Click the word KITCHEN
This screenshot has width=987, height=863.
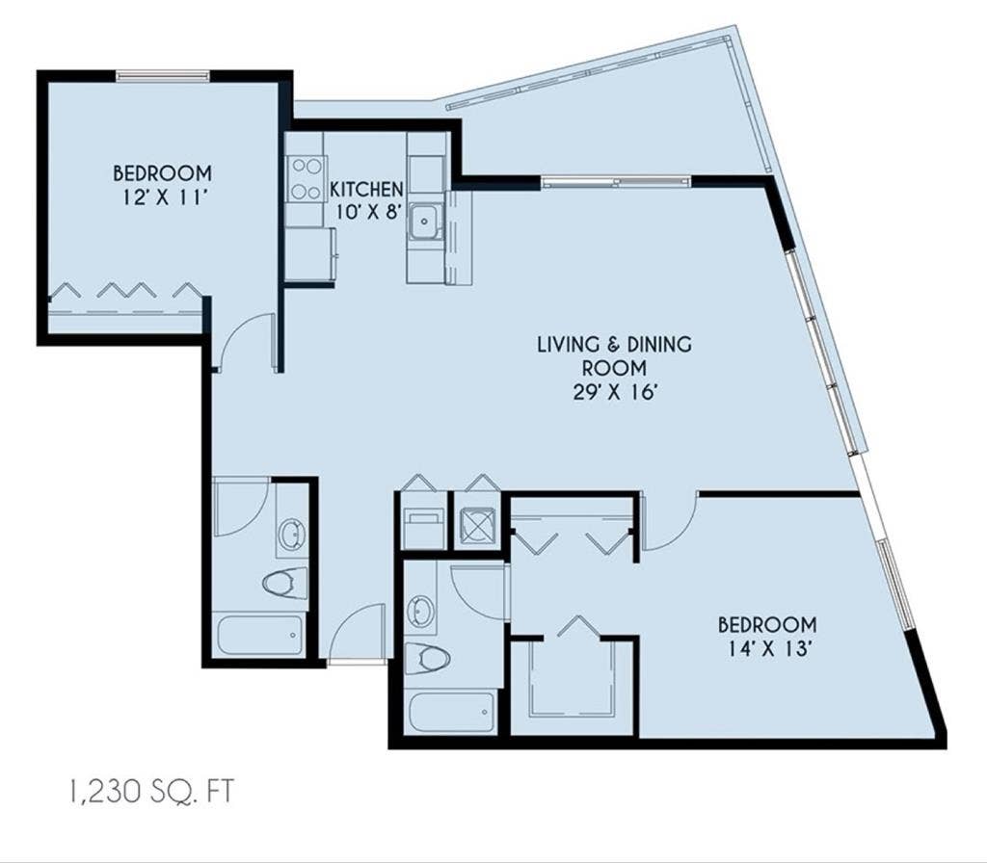[366, 189]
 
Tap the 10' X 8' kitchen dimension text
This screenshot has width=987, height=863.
[368, 212]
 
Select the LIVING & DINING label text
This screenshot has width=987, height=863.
[614, 344]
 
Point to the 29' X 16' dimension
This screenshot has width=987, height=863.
[615, 393]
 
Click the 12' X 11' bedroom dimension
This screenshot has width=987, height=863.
[162, 197]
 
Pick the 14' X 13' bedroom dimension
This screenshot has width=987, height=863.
[767, 648]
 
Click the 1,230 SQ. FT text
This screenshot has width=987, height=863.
[149, 792]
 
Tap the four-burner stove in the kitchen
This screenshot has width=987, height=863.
[306, 178]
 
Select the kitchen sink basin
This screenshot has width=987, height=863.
[425, 222]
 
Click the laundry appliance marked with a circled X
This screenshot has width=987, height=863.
[478, 524]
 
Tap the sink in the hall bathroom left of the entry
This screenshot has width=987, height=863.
[291, 534]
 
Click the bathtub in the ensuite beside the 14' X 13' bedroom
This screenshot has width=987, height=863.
[451, 712]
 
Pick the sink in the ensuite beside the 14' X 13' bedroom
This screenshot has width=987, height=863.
[420, 611]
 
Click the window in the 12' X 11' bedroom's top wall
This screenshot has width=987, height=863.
[163, 75]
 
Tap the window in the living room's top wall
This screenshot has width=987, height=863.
[616, 182]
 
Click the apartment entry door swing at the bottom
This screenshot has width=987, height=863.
[357, 632]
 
